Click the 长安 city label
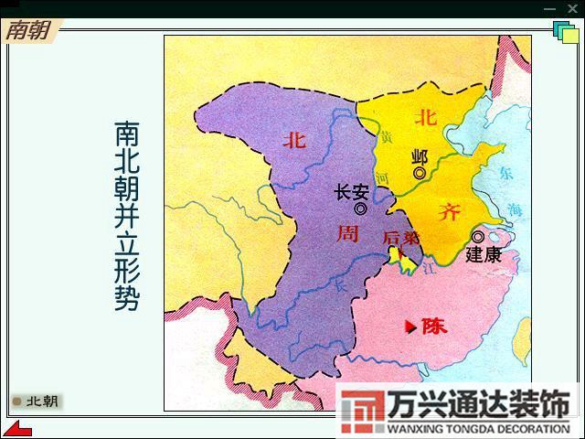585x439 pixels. point(351,192)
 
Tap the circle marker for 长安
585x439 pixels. point(361,209)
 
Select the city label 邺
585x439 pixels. point(420,156)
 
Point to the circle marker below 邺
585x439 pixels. point(420,173)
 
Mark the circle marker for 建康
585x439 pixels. point(478,237)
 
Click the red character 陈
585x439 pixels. point(434,327)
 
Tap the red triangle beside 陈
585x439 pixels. point(410,326)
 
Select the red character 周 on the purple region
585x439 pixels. point(347,233)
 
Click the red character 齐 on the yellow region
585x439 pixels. point(449,213)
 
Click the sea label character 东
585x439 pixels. point(508,173)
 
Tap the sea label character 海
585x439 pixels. point(516,209)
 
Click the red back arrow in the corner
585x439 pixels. point(16,428)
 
